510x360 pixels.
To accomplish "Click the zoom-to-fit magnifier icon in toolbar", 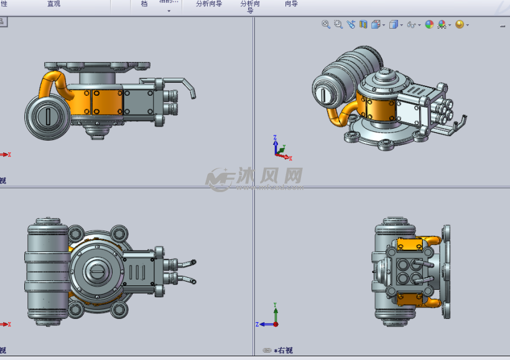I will tap(325, 24).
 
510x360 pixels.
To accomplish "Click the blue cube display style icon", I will tap(393, 25).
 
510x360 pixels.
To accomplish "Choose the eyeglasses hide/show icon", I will tap(411, 25).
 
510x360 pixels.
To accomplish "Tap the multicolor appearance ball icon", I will tap(429, 25).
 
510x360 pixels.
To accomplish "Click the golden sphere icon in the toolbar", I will tap(460, 25).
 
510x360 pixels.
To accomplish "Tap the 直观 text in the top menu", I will tap(54, 4).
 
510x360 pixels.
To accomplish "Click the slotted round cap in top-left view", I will tap(47, 117).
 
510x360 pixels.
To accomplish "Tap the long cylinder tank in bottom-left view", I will tap(45, 272).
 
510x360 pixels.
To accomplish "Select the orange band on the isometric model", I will tap(376, 109).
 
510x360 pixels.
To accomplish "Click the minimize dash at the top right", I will tap(503, 26).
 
